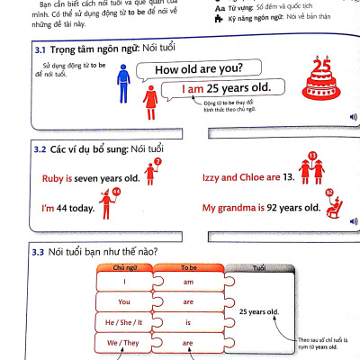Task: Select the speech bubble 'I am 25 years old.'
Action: [x=228, y=90]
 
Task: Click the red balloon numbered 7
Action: [x=157, y=164]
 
